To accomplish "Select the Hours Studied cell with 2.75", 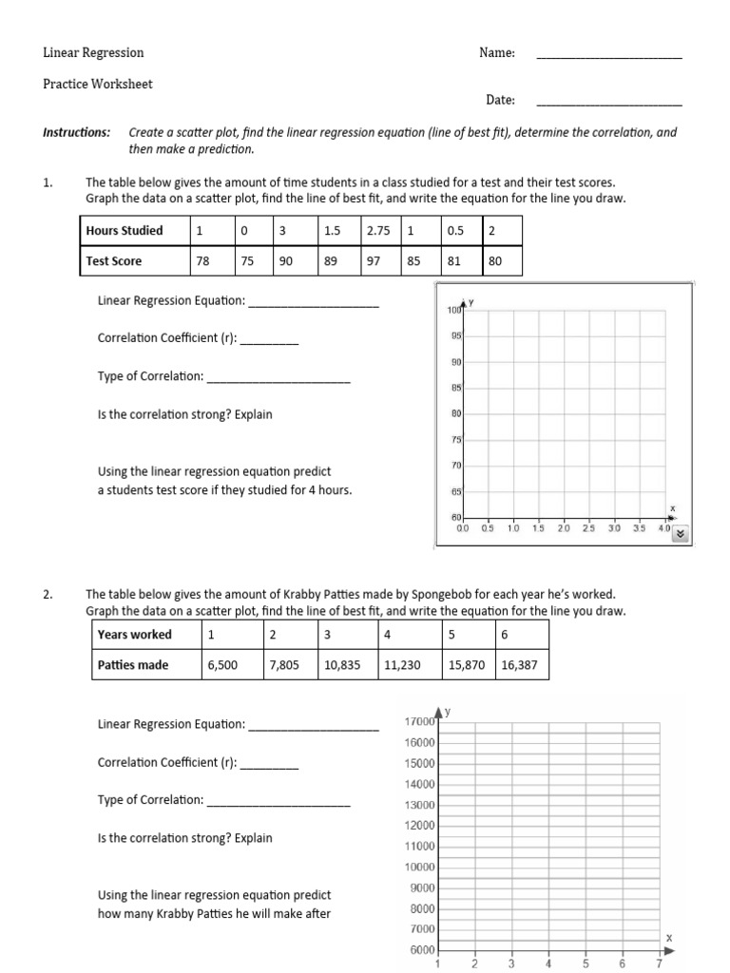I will click(380, 230).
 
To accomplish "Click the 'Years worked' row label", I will click(134, 634).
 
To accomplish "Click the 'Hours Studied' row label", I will click(124, 230).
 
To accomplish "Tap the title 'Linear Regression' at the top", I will click(93, 53).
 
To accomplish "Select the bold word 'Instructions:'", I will click(76, 132).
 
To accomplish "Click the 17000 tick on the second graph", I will click(419, 722).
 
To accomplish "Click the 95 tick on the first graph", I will click(455, 335).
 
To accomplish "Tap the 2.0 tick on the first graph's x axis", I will click(564, 527).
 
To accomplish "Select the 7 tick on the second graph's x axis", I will click(659, 963).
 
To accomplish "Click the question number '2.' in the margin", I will click(48, 594).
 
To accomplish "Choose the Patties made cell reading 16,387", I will click(519, 665).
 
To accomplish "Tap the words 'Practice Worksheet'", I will click(97, 84).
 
